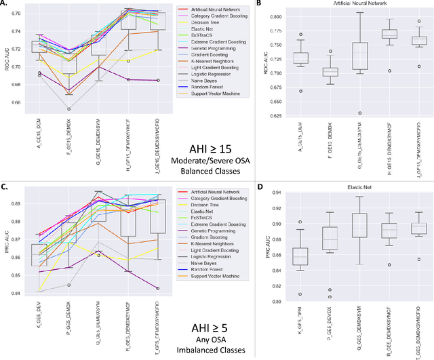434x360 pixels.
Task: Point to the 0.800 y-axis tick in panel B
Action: click(264, 16)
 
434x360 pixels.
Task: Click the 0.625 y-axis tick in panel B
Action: click(264, 114)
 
